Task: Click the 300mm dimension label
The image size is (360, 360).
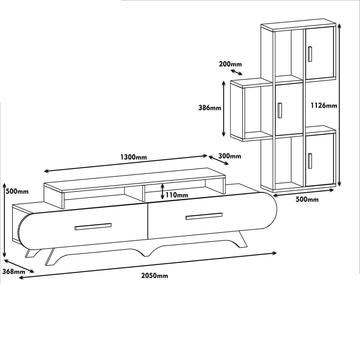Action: click(230, 156)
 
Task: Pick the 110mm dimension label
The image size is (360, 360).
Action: click(177, 195)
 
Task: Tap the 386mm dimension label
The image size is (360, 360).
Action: click(210, 108)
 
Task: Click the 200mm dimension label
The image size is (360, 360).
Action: click(230, 64)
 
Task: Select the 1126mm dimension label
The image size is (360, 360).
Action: click(324, 105)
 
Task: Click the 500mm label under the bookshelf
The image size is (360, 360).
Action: click(307, 200)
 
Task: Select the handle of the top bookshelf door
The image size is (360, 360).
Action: click(310, 54)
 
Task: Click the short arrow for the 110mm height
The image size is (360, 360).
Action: click(162, 191)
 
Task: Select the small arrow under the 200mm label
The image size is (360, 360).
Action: click(237, 72)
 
